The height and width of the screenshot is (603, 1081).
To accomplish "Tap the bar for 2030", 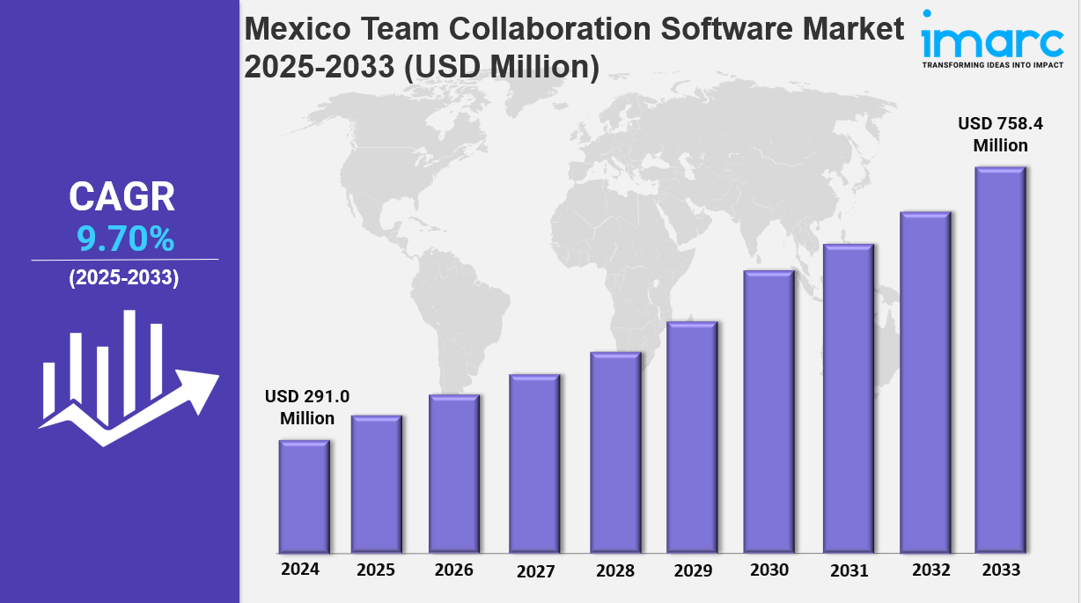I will (x=768, y=411).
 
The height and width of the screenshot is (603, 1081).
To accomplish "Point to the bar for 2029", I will (x=692, y=437).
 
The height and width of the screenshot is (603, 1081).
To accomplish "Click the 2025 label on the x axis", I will (x=376, y=570).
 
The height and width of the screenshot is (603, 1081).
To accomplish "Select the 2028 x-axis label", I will (x=614, y=570).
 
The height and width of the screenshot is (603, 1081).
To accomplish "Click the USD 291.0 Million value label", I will (x=307, y=408).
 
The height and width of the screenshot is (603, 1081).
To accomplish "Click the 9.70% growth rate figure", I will (x=125, y=239).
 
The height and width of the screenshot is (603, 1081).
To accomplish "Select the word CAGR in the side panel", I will (x=122, y=197).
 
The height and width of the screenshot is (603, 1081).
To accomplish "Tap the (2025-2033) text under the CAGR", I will (x=124, y=278).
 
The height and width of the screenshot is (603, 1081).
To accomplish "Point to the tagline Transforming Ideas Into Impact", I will (x=992, y=65).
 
